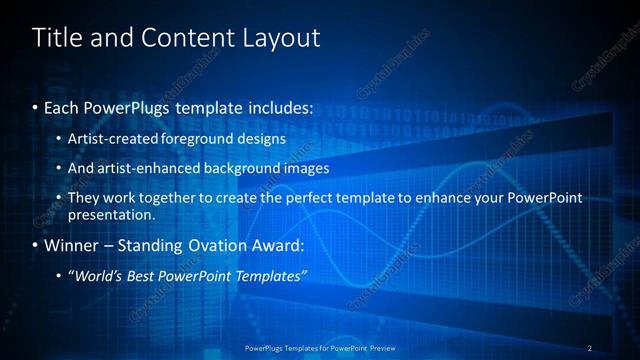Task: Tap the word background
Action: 243,168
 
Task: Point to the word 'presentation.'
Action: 111,214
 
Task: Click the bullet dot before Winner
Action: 36,245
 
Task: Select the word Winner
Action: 72,245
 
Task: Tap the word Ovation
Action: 213,245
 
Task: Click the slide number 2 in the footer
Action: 590,348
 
